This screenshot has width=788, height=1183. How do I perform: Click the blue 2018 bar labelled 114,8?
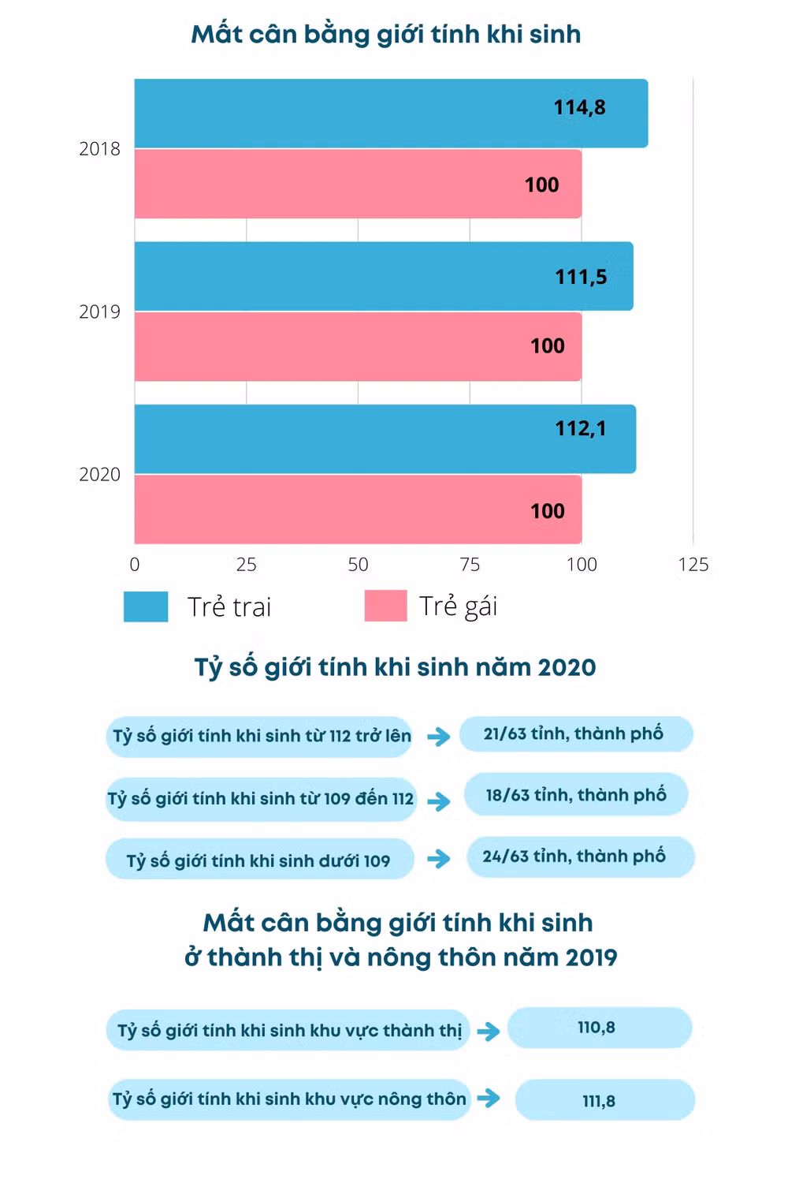[x=391, y=113]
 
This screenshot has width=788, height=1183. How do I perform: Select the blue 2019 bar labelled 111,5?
[x=384, y=276]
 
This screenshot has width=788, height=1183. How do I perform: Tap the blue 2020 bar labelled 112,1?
[x=385, y=438]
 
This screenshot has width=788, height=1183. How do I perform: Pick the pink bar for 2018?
[x=358, y=184]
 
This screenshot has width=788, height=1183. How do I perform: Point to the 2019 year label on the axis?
[x=99, y=312]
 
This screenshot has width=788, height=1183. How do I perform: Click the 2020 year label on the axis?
[x=99, y=474]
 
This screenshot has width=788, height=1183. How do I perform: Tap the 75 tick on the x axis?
[x=470, y=565]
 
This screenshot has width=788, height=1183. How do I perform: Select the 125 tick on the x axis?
[x=693, y=565]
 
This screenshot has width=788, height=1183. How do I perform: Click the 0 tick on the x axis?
[x=135, y=565]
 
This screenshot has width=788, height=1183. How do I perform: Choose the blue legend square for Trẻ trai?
[x=146, y=606]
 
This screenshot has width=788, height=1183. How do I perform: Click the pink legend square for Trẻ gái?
[x=385, y=606]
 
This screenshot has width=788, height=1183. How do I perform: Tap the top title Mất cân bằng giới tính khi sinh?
[x=386, y=34]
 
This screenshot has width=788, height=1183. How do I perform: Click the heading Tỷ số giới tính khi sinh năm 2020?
[x=395, y=667]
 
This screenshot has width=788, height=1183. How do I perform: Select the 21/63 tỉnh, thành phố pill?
[x=576, y=733]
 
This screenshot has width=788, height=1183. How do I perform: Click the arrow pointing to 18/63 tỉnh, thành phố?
[x=439, y=801]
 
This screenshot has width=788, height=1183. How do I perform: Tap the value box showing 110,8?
[x=599, y=1028]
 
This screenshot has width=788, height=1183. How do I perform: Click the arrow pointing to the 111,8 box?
[x=489, y=1098]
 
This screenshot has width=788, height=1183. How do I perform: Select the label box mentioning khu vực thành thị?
[x=288, y=1030]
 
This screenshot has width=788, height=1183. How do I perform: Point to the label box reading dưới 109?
[x=259, y=860]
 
